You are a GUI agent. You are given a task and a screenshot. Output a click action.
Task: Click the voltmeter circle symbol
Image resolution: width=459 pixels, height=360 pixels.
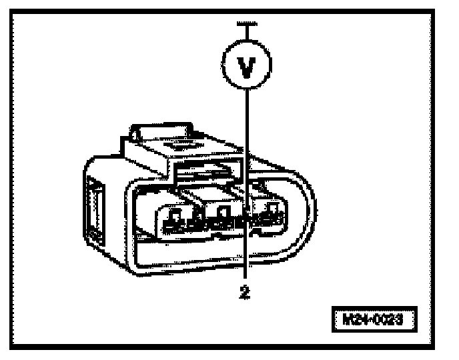tap(248, 69)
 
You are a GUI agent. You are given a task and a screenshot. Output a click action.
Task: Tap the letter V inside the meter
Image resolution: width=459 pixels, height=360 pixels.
tap(248, 69)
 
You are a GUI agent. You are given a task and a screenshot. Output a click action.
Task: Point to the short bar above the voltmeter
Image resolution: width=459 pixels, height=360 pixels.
tap(248, 23)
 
